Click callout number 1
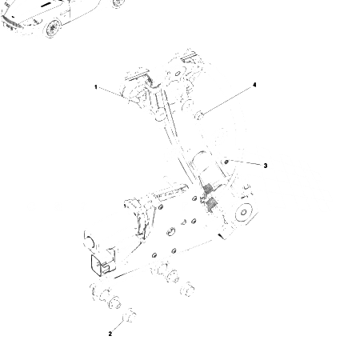click(95, 86)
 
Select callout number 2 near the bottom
click(110, 334)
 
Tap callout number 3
click(265, 165)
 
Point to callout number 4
click(254, 84)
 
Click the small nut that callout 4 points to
click(202, 117)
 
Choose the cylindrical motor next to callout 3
click(209, 171)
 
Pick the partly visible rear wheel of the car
click(118, 3)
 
